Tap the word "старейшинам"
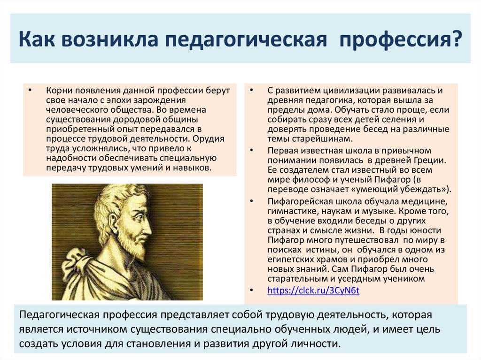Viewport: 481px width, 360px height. point(319,139)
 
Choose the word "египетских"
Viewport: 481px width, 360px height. point(287,259)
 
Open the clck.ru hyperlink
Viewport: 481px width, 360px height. point(313,291)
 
